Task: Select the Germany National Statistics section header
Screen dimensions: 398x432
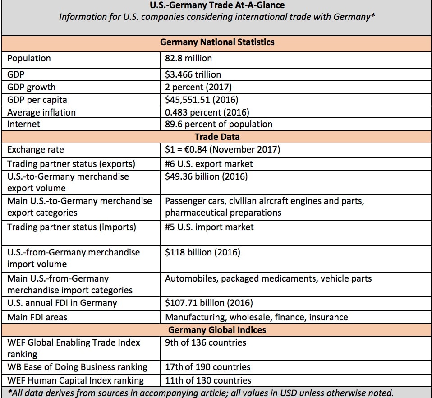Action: tap(217, 42)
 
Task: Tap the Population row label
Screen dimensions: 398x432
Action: tap(29, 58)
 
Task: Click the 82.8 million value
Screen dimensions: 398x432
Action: tap(188, 58)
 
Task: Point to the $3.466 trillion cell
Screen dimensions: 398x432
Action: tap(193, 74)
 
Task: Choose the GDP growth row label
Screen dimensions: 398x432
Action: tap(32, 87)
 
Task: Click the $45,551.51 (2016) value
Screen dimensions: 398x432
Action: tap(202, 100)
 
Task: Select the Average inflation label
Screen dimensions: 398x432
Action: tap(41, 112)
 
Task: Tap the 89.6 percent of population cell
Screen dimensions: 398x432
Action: tap(219, 124)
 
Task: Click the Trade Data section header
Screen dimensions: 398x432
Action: tap(217, 136)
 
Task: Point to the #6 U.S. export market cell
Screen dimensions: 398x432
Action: tap(209, 164)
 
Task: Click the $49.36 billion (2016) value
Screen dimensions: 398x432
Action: tap(206, 176)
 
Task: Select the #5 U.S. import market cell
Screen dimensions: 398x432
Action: tap(209, 227)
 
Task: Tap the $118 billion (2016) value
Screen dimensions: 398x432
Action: tap(202, 252)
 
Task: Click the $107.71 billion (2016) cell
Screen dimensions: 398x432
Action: tap(209, 303)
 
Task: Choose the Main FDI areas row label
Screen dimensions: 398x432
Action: tap(37, 317)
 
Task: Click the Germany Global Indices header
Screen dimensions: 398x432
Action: tap(217, 330)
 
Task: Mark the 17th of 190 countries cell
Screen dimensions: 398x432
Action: tap(208, 367)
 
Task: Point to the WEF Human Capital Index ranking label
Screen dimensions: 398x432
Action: tap(76, 380)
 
